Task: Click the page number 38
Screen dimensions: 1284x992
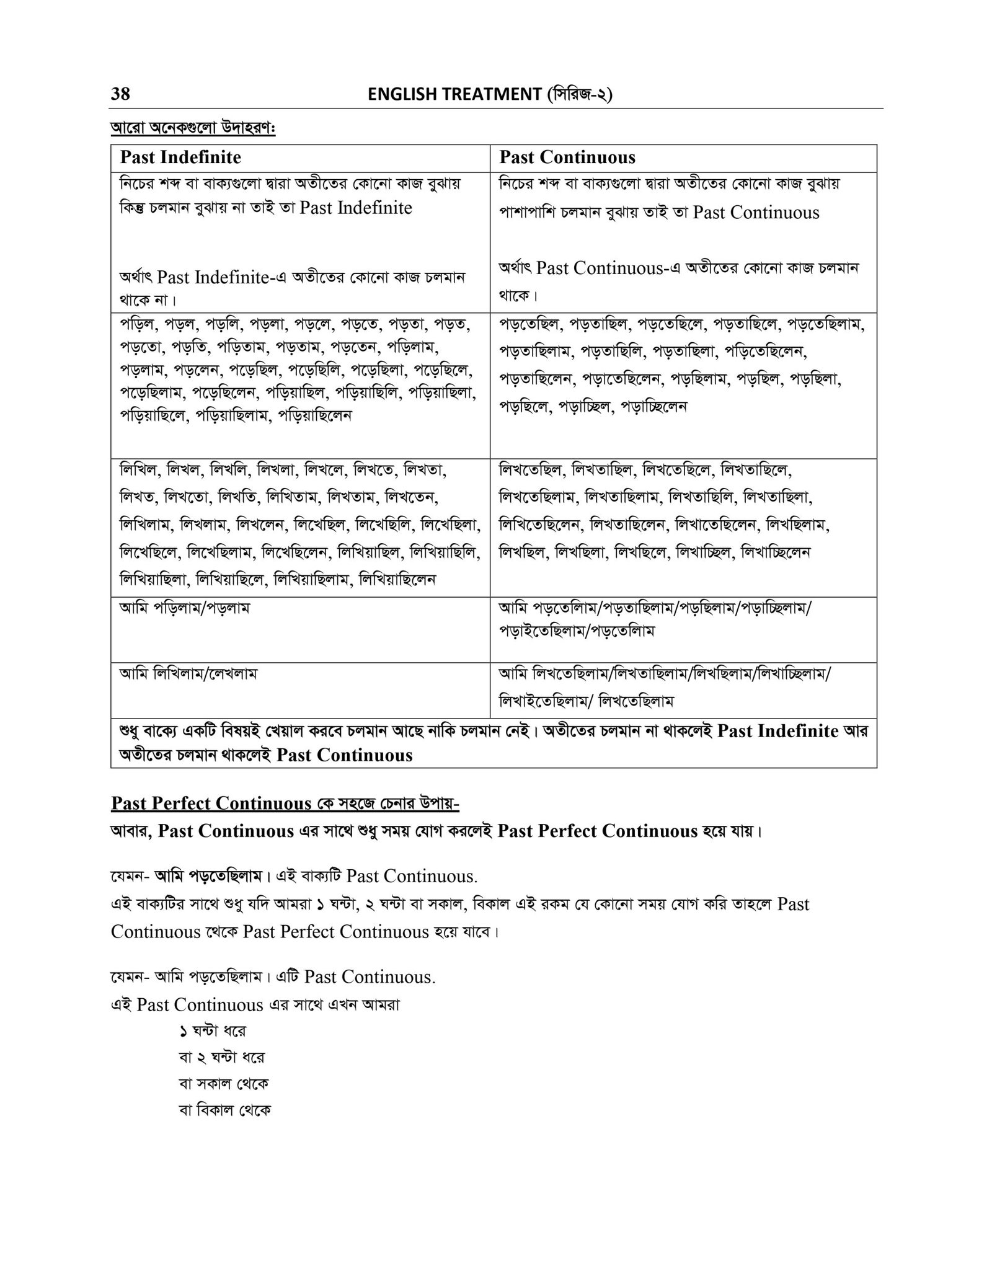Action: coord(120,94)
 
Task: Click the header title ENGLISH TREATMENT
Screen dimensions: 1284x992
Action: coord(454,94)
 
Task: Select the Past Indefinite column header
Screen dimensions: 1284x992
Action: coord(180,157)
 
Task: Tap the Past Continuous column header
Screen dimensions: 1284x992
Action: coord(567,157)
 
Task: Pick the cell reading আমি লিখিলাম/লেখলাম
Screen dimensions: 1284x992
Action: coord(188,674)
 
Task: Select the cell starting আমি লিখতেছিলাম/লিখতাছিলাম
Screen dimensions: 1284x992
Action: coord(664,686)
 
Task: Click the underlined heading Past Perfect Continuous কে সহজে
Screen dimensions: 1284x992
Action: coord(285,804)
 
